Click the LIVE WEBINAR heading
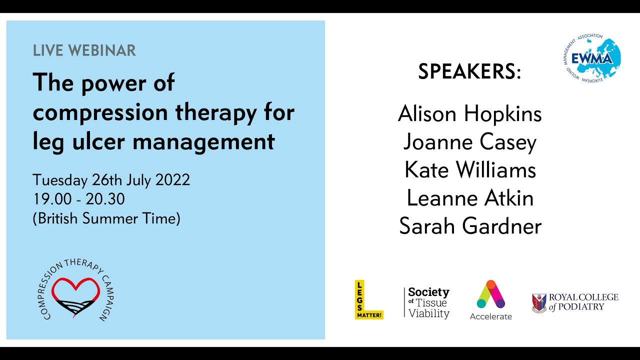[x=84, y=50]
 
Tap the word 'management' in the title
[x=203, y=141]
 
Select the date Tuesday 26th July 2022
[x=111, y=180]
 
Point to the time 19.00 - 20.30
[x=78, y=199]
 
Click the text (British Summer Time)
[x=106, y=218]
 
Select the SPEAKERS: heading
[x=469, y=72]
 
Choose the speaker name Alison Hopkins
[x=469, y=114]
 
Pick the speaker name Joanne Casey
[x=469, y=142]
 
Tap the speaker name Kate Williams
[x=469, y=170]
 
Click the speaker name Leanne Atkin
[x=469, y=198]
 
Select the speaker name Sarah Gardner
[x=469, y=226]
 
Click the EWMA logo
[x=591, y=58]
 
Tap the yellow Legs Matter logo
[x=368, y=299]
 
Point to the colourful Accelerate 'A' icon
[x=490, y=294]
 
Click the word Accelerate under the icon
[x=490, y=316]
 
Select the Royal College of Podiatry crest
[x=539, y=303]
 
